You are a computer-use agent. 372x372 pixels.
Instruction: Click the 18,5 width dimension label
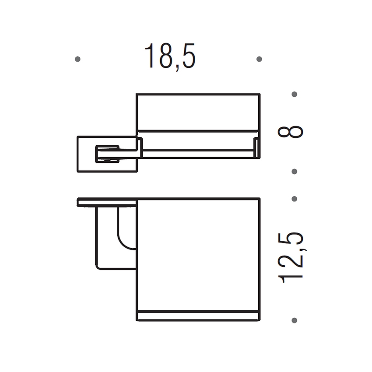pyautogui.click(x=170, y=56)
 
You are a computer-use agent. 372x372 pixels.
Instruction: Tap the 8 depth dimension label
pyautogui.click(x=291, y=132)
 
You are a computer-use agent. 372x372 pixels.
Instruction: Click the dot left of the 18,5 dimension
pyautogui.click(x=77, y=59)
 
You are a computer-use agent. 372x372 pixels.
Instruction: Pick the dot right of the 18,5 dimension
pyautogui.click(x=259, y=59)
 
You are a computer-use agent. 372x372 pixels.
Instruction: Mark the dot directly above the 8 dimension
pyautogui.click(x=294, y=94)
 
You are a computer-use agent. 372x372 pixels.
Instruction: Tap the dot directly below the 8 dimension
pyautogui.click(x=294, y=171)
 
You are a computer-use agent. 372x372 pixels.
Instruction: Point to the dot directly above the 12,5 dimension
pyautogui.click(x=294, y=199)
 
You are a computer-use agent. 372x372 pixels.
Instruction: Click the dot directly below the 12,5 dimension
pyautogui.click(x=294, y=320)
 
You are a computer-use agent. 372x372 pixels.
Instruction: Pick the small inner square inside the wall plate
pyautogui.click(x=107, y=154)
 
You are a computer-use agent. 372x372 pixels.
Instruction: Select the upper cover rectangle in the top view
pyautogui.click(x=198, y=112)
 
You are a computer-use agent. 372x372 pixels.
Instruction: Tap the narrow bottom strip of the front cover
pyautogui.click(x=198, y=316)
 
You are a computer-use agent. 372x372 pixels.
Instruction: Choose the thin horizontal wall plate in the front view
pyautogui.click(x=107, y=202)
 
